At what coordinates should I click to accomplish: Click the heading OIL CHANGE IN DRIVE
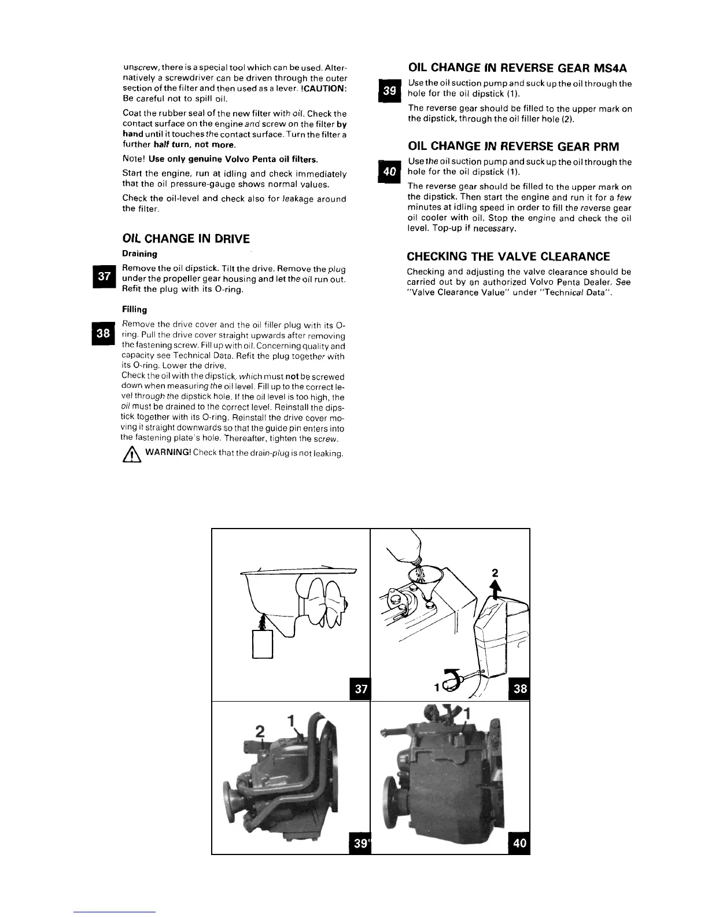tap(186, 239)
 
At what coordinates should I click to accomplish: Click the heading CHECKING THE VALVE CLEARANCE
tap(508, 256)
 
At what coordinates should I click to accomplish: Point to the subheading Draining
tap(139, 254)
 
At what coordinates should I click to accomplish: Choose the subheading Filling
tap(134, 310)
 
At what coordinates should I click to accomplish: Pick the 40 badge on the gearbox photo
tap(519, 842)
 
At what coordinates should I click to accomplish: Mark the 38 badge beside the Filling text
tap(104, 333)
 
